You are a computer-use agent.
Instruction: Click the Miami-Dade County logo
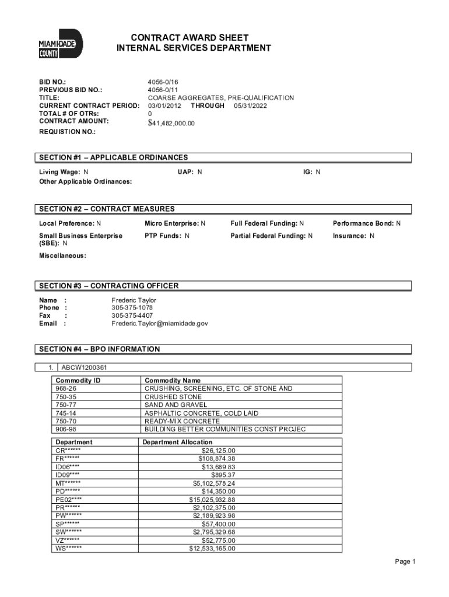61,44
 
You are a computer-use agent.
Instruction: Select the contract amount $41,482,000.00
171,123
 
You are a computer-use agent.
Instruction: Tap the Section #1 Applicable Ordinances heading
114,157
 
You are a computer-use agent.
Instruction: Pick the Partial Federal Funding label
268,236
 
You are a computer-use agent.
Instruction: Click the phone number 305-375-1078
132,308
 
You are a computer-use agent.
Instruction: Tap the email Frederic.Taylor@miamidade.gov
160,323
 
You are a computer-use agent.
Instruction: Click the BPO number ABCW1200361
84,367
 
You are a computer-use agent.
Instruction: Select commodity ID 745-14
66,413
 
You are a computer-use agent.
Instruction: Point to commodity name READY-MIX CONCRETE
183,421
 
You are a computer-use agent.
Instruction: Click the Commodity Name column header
172,380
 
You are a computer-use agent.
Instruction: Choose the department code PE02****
69,500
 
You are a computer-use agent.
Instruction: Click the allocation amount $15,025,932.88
212,500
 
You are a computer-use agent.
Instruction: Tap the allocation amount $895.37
223,475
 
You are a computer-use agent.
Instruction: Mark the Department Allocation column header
178,442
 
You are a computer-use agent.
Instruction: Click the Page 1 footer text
405,561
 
